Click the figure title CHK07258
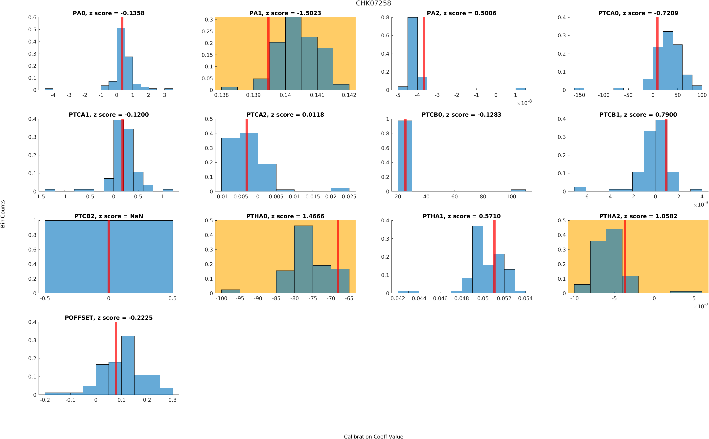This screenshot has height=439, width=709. pyautogui.click(x=373, y=3)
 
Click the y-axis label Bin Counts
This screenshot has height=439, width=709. pyautogui.click(x=3, y=214)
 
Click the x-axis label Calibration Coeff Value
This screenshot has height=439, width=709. pyautogui.click(x=373, y=436)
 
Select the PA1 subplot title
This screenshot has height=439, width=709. pyautogui.click(x=285, y=13)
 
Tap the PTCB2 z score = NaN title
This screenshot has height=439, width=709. pyautogui.click(x=108, y=216)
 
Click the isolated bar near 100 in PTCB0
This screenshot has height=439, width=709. pyautogui.click(x=518, y=190)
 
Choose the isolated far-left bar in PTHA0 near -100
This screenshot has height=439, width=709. pyautogui.click(x=230, y=291)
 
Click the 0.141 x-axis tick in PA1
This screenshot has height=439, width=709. pyautogui.click(x=317, y=95)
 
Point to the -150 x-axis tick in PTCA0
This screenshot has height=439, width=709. pyautogui.click(x=579, y=95)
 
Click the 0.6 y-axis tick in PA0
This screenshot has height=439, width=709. pyautogui.click(x=32, y=18)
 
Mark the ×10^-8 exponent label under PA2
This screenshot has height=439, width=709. pyautogui.click(x=524, y=103)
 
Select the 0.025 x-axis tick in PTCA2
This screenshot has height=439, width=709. pyautogui.click(x=349, y=197)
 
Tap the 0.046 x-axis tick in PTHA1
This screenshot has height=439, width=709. pyautogui.click(x=440, y=298)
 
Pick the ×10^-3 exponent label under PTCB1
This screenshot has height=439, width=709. pyautogui.click(x=701, y=204)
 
